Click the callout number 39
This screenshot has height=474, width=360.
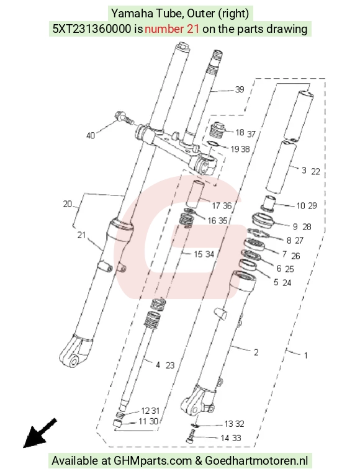pyautogui.click(x=240, y=89)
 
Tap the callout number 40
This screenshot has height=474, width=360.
pyautogui.click(x=91, y=135)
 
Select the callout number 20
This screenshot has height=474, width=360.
pyautogui.click(x=68, y=203)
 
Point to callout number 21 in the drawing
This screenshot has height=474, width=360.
pyautogui.click(x=81, y=235)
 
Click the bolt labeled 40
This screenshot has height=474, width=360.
pyautogui.click(x=124, y=118)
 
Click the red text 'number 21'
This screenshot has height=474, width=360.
pyautogui.click(x=172, y=29)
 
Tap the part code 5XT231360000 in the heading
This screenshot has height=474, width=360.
pyautogui.click(x=92, y=29)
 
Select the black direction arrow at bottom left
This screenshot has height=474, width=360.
pyautogui.click(x=39, y=433)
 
